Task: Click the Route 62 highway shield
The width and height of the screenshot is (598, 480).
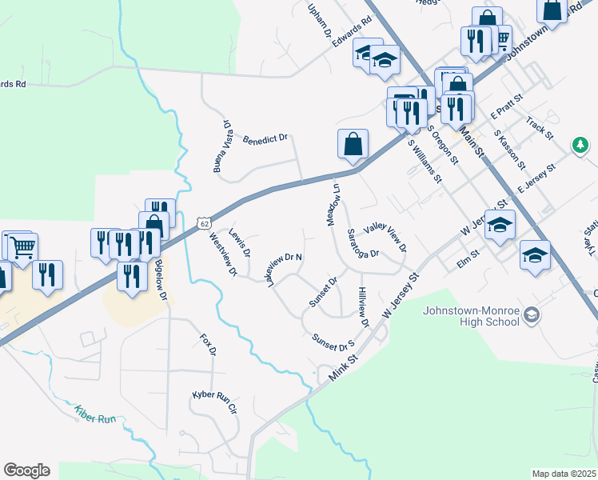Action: tap(205, 222)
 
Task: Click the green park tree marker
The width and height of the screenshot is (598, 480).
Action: tap(580, 146)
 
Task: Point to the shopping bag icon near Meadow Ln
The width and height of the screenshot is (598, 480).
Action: tap(353, 145)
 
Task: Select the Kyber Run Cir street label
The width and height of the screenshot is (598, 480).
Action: tap(214, 401)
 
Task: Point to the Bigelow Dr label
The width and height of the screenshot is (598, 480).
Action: tap(161, 280)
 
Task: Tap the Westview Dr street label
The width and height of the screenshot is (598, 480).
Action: tap(223, 254)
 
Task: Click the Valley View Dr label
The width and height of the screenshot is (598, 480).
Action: tap(385, 236)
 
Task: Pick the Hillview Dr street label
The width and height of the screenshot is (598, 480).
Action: tap(364, 308)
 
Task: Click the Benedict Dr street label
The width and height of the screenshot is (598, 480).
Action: tap(265, 138)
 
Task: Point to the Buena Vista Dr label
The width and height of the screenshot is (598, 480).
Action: tap(221, 146)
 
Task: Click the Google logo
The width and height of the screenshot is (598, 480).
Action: tap(27, 470)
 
